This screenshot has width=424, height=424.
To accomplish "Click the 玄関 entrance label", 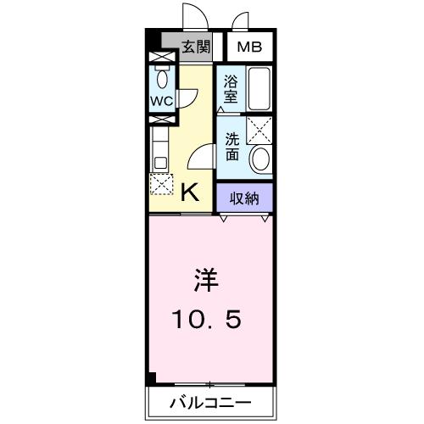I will pos(196,47).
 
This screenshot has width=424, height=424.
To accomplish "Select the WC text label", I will pos(161,100).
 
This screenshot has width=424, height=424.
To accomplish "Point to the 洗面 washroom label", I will pos(232,148).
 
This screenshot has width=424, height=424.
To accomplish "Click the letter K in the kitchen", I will pos(191,192).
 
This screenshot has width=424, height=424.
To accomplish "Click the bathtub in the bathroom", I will pos(258,88).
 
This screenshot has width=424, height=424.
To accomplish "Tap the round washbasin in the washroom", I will pos(260,159).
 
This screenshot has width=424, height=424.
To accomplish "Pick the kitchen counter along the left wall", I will pos(158,147).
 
